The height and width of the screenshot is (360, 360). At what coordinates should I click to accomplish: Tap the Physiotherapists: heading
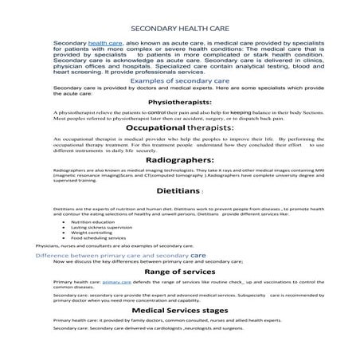[x=179, y=103]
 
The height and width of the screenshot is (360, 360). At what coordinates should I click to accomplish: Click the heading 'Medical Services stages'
[x=179, y=311]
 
